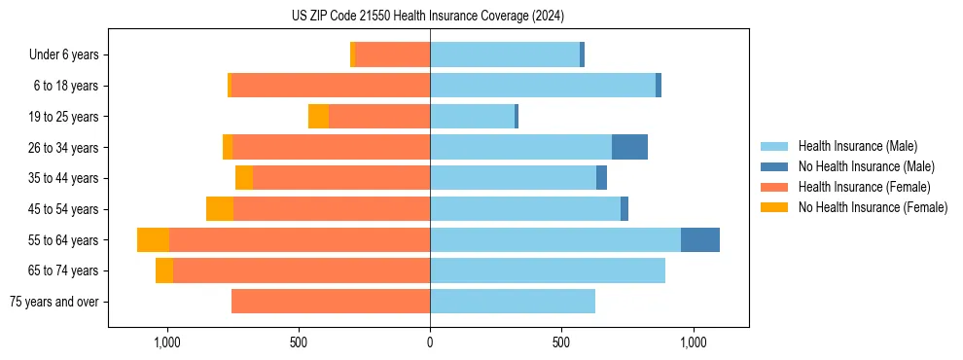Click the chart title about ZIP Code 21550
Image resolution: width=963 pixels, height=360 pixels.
[x=428, y=17]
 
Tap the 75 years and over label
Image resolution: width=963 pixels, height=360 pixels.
[x=54, y=302]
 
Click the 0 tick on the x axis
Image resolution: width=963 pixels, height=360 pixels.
[x=430, y=342]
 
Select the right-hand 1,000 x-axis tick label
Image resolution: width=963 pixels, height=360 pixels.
[x=693, y=342]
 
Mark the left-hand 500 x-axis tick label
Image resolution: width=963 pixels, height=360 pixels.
[x=299, y=342]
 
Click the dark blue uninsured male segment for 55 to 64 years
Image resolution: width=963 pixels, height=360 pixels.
[x=700, y=240]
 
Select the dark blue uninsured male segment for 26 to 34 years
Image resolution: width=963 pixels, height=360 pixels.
[x=629, y=148]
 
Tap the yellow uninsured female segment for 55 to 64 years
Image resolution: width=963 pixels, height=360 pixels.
[x=153, y=240]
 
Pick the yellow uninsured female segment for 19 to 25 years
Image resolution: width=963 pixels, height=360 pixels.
[x=318, y=117]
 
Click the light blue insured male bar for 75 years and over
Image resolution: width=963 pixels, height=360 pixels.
[x=513, y=302]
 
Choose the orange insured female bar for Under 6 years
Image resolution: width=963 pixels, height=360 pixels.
[x=392, y=55]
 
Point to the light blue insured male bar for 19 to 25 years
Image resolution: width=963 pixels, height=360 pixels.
[x=472, y=117]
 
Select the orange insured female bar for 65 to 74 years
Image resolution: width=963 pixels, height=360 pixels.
[x=302, y=270]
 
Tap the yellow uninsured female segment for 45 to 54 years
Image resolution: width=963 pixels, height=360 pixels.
[x=220, y=209]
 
